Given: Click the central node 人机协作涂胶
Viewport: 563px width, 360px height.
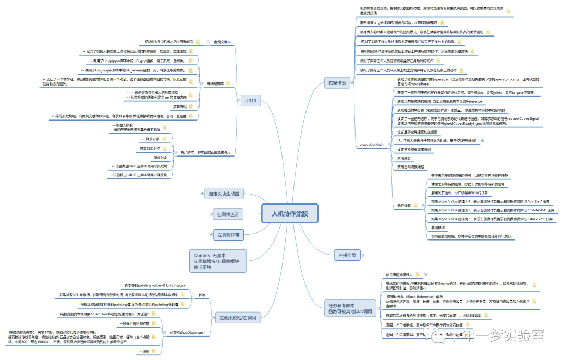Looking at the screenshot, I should click(289, 214).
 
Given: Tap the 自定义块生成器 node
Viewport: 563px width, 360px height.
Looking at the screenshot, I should click(224, 194).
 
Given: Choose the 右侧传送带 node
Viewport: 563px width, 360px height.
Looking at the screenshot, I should click(228, 214).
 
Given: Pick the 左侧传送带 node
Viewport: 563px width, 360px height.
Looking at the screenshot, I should click(228, 235).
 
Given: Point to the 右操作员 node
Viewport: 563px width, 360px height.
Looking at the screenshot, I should click(337, 83).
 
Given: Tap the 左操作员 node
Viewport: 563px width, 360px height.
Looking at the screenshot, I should click(347, 255).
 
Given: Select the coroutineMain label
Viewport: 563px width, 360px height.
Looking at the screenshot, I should click(372, 144).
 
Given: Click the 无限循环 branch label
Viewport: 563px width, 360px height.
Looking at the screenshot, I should click(404, 206).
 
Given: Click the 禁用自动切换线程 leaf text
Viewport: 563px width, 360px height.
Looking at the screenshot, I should click(411, 167).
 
